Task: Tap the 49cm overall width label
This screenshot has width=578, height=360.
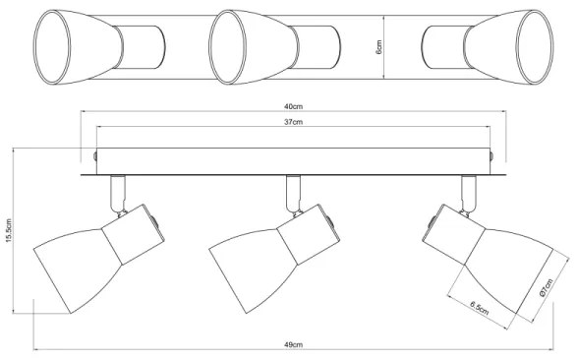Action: coord(293,345)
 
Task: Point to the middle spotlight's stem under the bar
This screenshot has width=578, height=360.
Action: coord(291,193)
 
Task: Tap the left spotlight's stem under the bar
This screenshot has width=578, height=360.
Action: coord(119,193)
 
